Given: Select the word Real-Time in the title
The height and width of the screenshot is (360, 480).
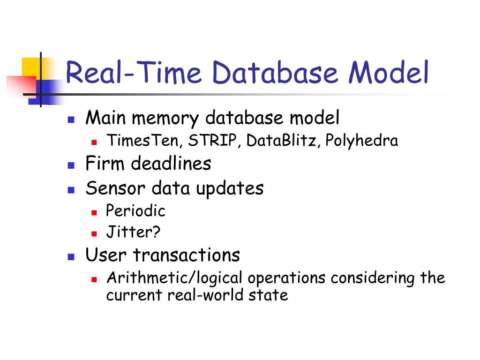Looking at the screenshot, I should (x=133, y=74).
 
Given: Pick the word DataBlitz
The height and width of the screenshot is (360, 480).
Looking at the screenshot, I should (x=283, y=141).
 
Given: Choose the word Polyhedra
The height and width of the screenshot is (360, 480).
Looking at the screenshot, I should (x=362, y=141).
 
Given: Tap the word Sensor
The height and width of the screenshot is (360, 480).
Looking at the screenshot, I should (x=116, y=188).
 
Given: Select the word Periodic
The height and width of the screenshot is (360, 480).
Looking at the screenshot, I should (x=135, y=211).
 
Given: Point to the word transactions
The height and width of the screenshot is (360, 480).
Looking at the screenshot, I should (x=187, y=255).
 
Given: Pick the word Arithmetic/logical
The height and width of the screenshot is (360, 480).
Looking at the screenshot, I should (x=174, y=278).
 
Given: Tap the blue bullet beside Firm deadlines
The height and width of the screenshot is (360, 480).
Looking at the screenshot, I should (x=71, y=165).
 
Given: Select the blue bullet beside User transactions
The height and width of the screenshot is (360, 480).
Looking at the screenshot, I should (x=71, y=256).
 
